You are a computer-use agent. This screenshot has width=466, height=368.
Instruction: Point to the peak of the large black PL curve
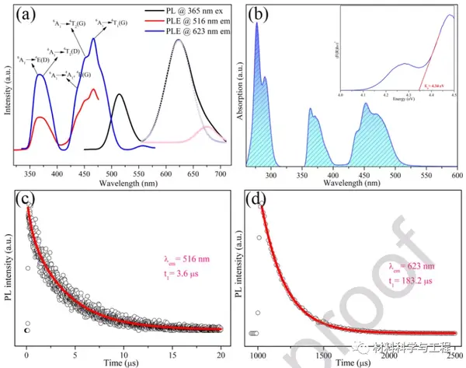[179, 40]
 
